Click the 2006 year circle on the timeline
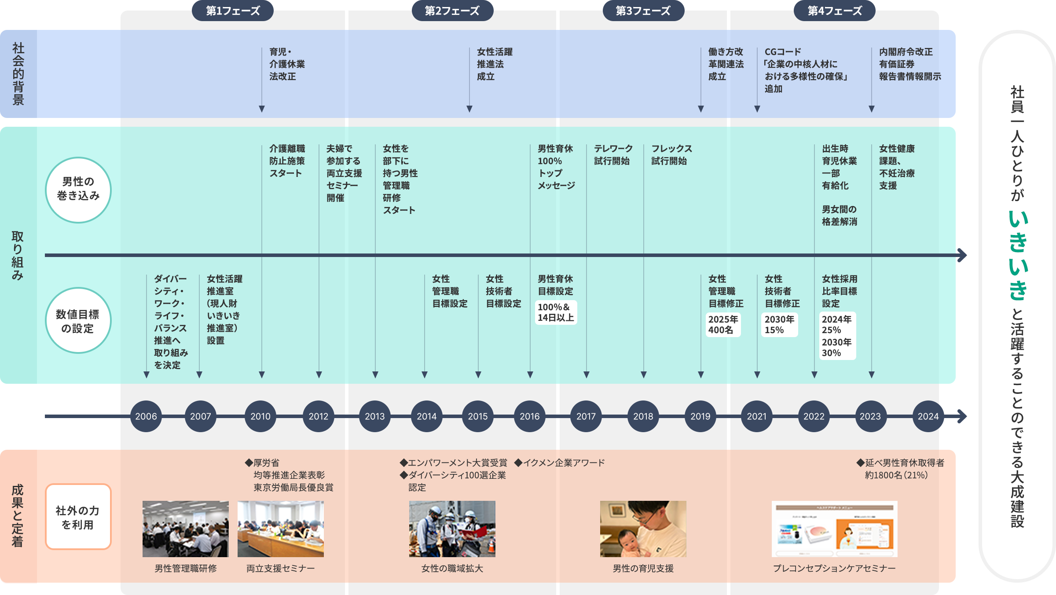click(146, 416)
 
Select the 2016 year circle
click(530, 416)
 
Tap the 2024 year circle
click(928, 416)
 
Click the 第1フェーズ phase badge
click(233, 11)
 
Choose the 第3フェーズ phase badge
click(643, 11)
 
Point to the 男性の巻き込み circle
click(78, 190)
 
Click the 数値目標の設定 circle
click(78, 320)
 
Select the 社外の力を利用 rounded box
click(78, 517)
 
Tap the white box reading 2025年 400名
click(723, 325)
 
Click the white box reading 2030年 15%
click(779, 325)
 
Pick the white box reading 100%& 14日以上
click(556, 312)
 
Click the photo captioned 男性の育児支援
click(643, 529)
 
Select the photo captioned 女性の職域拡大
click(452, 529)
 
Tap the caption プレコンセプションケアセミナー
click(834, 569)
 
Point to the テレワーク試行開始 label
click(613, 155)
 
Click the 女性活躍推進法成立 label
click(495, 64)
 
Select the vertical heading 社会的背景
click(18, 73)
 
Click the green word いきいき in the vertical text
click(1018, 255)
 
